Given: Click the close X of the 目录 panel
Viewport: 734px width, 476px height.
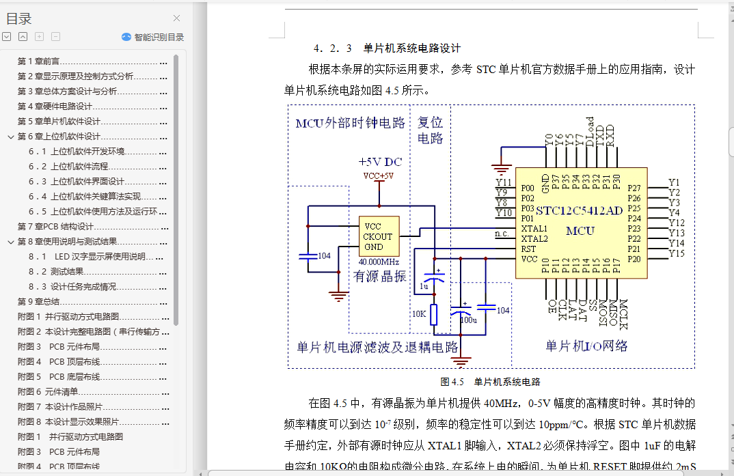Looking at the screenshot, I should (x=176, y=18).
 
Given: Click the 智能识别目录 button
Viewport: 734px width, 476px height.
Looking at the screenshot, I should (x=152, y=38).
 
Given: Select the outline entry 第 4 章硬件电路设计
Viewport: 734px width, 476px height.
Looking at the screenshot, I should (x=55, y=106).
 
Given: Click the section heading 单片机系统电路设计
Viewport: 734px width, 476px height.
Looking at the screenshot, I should (x=412, y=48).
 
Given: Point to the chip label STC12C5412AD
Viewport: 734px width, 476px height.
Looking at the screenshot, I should (x=580, y=210).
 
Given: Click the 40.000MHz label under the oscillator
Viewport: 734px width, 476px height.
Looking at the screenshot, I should (x=379, y=262).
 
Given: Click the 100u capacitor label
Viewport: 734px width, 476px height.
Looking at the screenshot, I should (x=468, y=320).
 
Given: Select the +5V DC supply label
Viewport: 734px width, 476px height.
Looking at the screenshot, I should (x=380, y=163).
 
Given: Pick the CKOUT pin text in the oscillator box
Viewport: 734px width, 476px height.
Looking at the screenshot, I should (x=378, y=236).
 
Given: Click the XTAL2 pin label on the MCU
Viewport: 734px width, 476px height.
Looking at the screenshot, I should (x=534, y=239).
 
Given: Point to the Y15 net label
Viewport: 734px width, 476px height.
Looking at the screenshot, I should (x=677, y=253).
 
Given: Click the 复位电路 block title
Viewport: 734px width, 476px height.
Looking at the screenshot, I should (x=430, y=130).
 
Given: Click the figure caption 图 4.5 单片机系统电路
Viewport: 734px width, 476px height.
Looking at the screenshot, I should (x=490, y=382).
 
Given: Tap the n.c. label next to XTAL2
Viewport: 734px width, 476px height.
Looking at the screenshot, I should (x=502, y=235).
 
